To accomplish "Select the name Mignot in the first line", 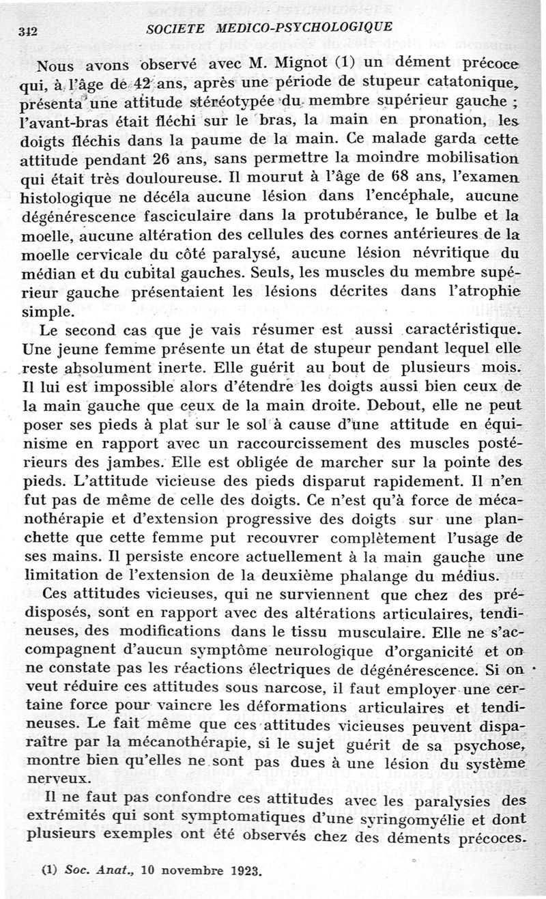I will (302, 65).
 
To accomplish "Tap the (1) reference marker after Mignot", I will (347, 66).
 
